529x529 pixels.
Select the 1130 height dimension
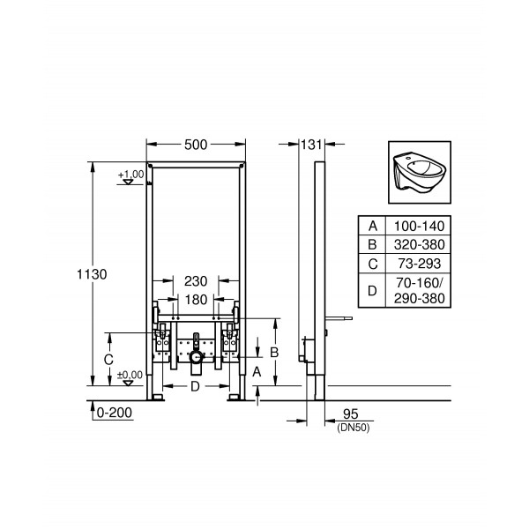point(92,275)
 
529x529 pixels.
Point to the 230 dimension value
point(195,281)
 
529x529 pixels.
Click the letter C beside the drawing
point(108,359)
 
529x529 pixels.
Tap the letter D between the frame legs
point(196,386)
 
